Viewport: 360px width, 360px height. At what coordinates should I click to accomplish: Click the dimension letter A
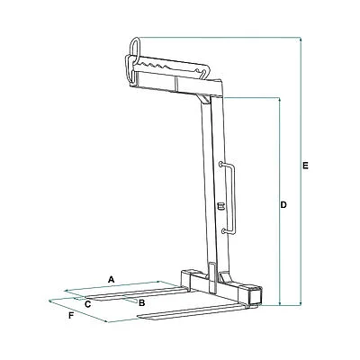pyautogui.click(x=112, y=280)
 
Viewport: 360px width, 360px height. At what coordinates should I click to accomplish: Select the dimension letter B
pyautogui.click(x=142, y=303)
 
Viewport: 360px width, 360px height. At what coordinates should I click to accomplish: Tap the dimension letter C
pyautogui.click(x=87, y=304)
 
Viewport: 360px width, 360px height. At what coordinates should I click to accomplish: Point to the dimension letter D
pyautogui.click(x=283, y=205)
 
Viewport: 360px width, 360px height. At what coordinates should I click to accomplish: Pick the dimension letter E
pyautogui.click(x=305, y=166)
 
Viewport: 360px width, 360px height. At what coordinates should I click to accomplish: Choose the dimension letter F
pyautogui.click(x=71, y=316)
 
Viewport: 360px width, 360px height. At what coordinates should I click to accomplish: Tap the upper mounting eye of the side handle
pyautogui.click(x=221, y=164)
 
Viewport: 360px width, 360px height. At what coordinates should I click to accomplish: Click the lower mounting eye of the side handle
pyautogui.click(x=223, y=231)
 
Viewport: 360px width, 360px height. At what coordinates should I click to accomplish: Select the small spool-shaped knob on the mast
pyautogui.click(x=221, y=206)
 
